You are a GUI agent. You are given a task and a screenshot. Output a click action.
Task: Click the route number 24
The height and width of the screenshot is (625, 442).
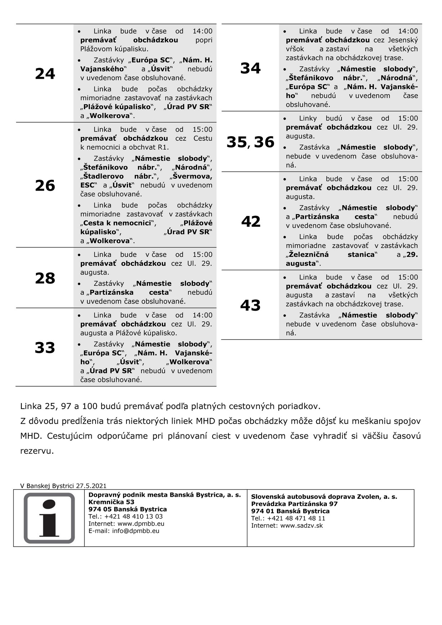(45, 74)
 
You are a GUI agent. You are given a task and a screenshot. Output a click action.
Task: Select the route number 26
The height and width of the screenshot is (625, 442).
(45, 185)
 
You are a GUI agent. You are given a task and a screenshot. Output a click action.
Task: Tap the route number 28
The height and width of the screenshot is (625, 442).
(45, 278)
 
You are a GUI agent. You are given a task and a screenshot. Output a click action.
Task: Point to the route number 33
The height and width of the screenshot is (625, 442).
(45, 347)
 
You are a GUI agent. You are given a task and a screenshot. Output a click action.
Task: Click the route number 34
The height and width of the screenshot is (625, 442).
(251, 68)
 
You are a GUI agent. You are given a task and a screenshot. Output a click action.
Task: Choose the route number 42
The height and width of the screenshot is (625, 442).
(251, 221)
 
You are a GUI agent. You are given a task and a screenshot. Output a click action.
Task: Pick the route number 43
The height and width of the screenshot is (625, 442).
(251, 305)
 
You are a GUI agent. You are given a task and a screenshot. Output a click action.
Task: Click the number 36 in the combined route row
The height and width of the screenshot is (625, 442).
(264, 142)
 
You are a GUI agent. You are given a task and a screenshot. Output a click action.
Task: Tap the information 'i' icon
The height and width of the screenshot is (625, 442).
(49, 518)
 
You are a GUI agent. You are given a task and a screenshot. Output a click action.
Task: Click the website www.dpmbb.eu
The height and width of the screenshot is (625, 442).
(141, 524)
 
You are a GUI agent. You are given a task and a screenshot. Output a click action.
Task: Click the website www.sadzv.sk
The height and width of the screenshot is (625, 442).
(302, 525)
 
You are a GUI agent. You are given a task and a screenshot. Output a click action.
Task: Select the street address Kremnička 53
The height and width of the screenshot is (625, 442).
(112, 502)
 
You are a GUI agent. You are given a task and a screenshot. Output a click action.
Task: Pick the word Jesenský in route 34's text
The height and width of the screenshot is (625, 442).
(403, 40)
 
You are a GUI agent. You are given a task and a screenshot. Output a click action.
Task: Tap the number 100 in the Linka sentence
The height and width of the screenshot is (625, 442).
(89, 406)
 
